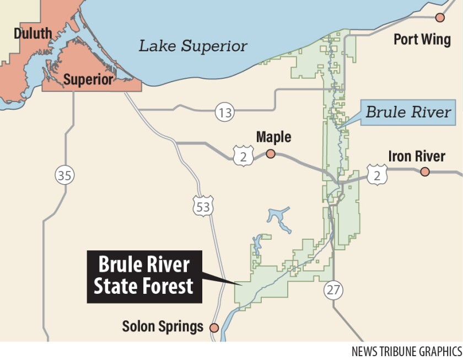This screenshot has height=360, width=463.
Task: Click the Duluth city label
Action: point(33,34)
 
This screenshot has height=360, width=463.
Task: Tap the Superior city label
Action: point(88,80)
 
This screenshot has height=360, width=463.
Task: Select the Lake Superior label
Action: point(192,46)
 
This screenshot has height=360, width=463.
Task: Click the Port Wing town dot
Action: point(440,18)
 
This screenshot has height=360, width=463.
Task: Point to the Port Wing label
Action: point(422,39)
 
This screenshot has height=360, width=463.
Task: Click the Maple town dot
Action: point(271,153)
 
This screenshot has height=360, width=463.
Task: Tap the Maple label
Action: point(273,137)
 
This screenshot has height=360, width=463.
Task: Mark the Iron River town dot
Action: point(424,172)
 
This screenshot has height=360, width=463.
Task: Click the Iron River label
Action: point(416,156)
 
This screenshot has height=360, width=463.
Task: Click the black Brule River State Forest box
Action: point(144,276)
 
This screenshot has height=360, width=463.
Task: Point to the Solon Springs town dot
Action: point(214,327)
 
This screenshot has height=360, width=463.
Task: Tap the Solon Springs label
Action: point(163,327)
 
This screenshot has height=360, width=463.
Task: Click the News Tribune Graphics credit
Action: point(406,351)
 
